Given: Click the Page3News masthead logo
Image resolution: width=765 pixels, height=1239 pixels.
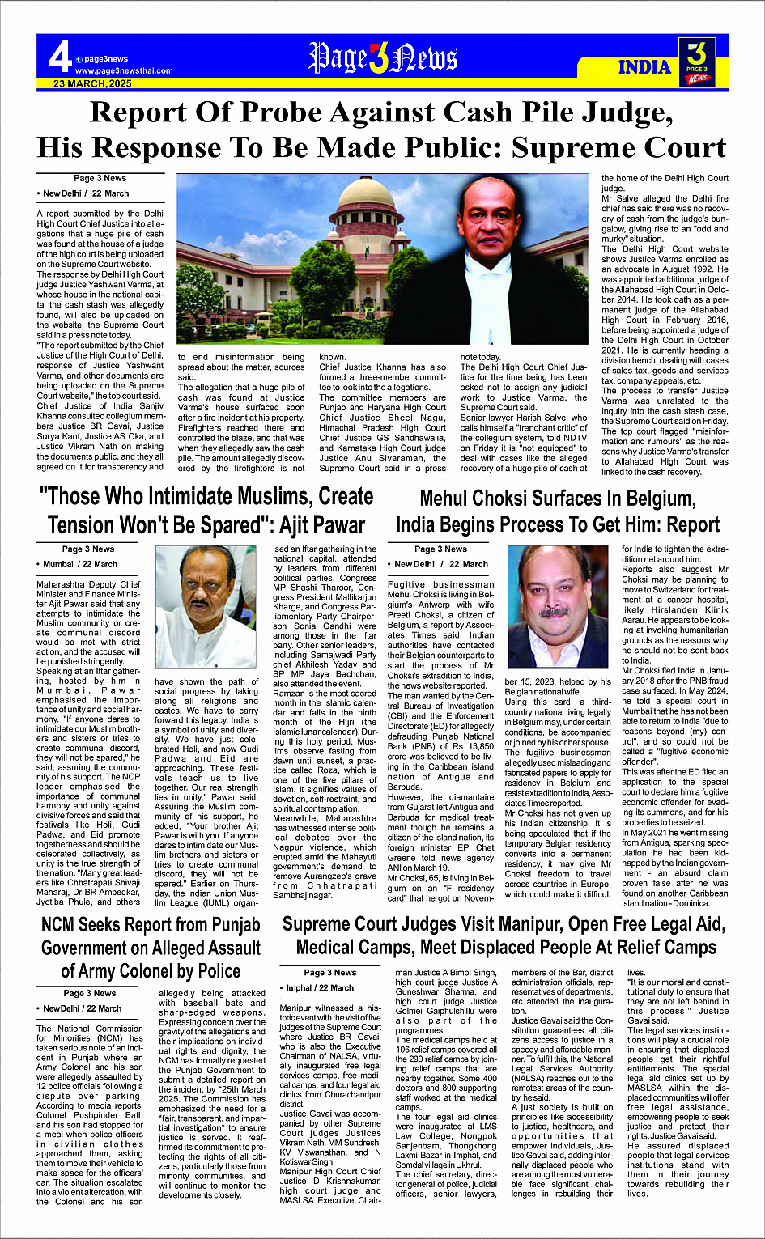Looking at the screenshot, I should (x=383, y=58).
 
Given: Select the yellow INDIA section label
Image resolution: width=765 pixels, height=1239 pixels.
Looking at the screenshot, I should (x=644, y=66).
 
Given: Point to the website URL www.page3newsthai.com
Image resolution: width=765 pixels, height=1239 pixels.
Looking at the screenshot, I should (x=123, y=70).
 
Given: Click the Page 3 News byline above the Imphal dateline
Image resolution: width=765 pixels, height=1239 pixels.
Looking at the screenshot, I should (x=329, y=972).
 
